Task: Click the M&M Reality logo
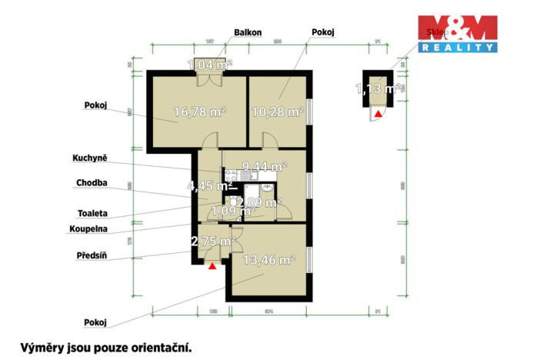click(457, 33)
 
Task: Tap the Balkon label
click(248, 32)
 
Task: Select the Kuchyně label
click(91, 158)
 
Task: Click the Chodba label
click(92, 183)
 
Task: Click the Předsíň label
click(92, 255)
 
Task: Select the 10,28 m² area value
click(277, 112)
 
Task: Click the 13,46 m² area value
click(268, 261)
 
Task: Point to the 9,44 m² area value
click(264, 165)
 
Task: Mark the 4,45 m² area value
click(210, 185)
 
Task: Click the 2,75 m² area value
click(212, 242)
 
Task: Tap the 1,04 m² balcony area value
click(210, 65)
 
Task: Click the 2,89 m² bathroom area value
click(258, 202)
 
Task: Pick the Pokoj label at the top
click(324, 32)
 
